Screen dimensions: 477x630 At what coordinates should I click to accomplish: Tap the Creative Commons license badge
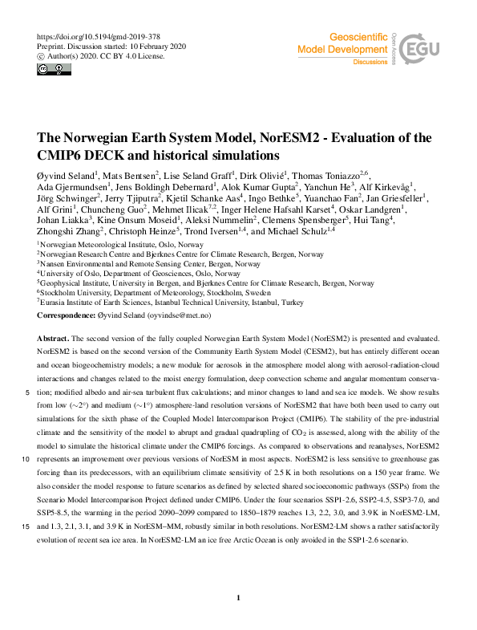(50, 70)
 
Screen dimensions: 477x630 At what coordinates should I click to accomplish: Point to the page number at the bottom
(239, 599)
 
